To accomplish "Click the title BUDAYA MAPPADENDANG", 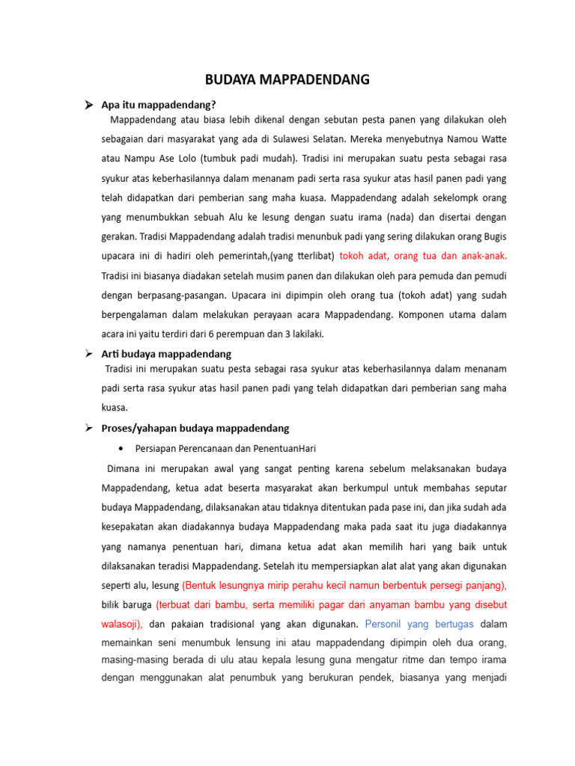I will pyautogui.click(x=287, y=80).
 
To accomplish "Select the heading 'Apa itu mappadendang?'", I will pyautogui.click(x=158, y=105).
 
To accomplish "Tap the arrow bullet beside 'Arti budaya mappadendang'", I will pyautogui.click(x=88, y=353).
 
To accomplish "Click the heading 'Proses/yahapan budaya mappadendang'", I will pyautogui.click(x=195, y=428).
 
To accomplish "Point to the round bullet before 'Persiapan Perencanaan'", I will pyautogui.click(x=121, y=448).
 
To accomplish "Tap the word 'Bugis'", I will pyautogui.click(x=492, y=236).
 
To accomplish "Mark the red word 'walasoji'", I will pyautogui.click(x=121, y=624).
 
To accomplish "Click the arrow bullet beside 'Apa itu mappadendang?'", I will pyautogui.click(x=88, y=105).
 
